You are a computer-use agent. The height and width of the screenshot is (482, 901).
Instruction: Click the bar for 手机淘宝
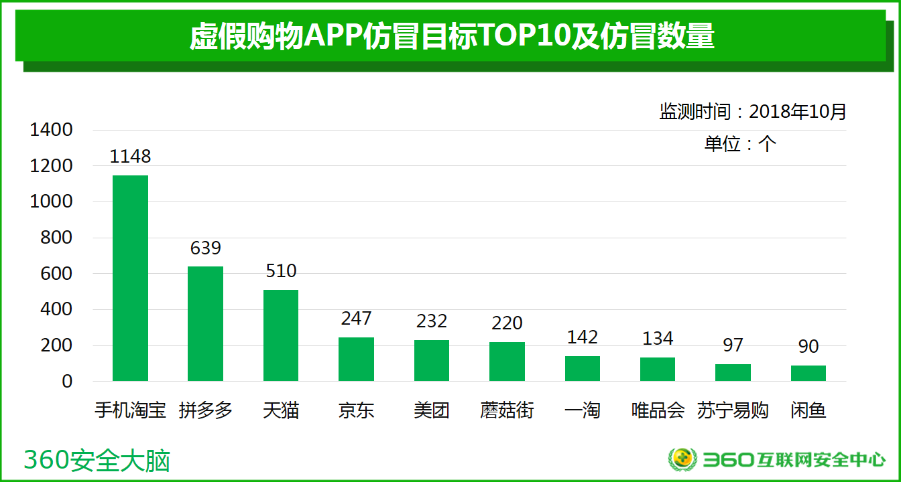(130, 278)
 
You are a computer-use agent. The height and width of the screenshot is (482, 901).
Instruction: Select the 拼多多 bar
(205, 324)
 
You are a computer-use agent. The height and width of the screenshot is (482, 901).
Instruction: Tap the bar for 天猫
(281, 335)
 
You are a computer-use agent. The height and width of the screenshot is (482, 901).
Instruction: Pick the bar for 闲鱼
(808, 374)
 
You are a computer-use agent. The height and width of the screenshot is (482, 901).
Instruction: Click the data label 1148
(131, 157)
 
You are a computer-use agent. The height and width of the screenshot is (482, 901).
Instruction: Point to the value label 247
(356, 319)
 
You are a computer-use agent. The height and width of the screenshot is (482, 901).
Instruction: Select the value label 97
(733, 345)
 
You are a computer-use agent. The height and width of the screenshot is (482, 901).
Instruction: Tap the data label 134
(658, 339)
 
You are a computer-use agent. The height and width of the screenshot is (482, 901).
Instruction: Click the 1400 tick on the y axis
(51, 130)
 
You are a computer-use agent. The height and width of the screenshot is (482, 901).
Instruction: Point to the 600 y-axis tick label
(58, 274)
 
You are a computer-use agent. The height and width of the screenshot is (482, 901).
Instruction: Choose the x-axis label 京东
(356, 410)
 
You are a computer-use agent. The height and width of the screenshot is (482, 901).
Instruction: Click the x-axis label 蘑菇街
(507, 410)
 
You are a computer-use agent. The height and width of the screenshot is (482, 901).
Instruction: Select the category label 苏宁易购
(733, 410)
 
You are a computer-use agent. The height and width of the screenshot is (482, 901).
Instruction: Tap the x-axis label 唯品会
(658, 410)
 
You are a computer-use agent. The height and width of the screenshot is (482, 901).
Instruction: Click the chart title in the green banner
(451, 37)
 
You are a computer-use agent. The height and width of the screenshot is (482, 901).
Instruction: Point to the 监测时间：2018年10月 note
(753, 112)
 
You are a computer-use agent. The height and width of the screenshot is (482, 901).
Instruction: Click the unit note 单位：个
(740, 144)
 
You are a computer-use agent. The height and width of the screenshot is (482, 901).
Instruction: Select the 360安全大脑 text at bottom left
(97, 461)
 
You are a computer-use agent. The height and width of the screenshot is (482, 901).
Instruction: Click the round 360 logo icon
(682, 459)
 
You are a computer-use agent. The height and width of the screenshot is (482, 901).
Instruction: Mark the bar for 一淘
(583, 369)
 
